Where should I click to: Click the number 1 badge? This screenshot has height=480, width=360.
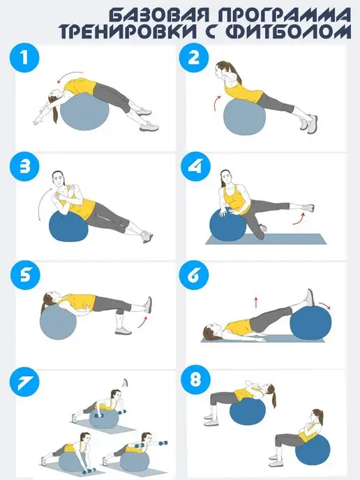click(24, 57)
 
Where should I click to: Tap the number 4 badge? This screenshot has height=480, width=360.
click(194, 167)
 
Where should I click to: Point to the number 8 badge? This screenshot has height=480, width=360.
click(195, 380)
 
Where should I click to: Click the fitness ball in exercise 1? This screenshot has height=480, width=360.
click(84, 112)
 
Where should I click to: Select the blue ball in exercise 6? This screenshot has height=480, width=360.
click(310, 324)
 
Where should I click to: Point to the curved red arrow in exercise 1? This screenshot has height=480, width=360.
click(70, 75)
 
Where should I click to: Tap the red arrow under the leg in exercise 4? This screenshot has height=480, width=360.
click(299, 219)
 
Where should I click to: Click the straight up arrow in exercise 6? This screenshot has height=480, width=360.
click(256, 302)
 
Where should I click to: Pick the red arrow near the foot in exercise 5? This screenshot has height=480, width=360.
click(142, 322)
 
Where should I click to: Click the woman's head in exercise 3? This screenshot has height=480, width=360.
click(59, 179)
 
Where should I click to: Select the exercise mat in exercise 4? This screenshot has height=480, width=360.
click(266, 239)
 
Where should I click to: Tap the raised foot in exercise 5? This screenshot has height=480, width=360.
click(148, 305)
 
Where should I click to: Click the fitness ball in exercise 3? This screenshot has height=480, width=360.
click(68, 225)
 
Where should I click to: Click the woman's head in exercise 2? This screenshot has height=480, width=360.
click(222, 70)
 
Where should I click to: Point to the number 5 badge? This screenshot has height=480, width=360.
click(25, 275)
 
